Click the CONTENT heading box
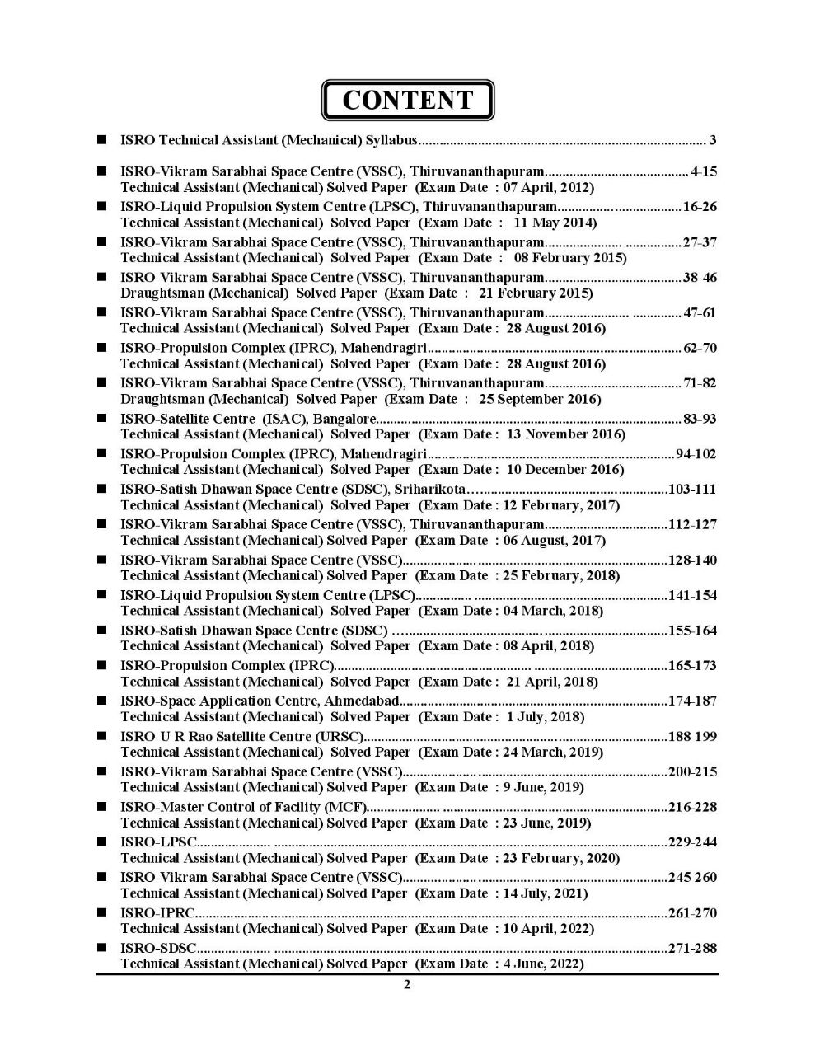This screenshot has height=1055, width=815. coord(407,101)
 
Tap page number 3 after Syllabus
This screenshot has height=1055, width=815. coord(713,140)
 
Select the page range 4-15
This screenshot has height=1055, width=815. coord(704,172)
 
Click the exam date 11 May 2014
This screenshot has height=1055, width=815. coord(555,223)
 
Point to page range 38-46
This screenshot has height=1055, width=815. coord(700,278)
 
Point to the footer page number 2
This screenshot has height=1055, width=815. coord(407,985)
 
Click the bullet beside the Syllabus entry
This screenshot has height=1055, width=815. coord(101,140)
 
